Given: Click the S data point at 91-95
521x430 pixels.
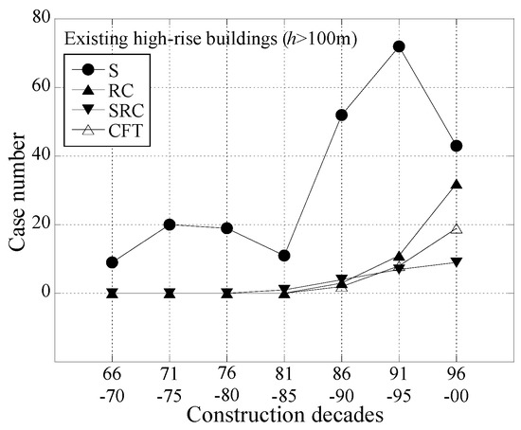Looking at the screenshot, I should pyautogui.click(x=399, y=46).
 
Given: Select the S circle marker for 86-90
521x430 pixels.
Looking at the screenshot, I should pyautogui.click(x=341, y=115).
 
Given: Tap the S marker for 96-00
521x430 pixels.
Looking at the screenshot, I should pyautogui.click(x=457, y=146).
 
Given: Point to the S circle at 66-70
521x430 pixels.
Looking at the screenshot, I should pyautogui.click(x=112, y=262).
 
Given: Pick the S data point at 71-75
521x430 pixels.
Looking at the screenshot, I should pyautogui.click(x=170, y=224).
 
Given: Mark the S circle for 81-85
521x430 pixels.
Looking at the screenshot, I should pyautogui.click(x=284, y=256).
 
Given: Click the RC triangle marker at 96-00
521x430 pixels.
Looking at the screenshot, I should pyautogui.click(x=457, y=184).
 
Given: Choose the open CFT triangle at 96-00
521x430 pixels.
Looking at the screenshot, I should pyautogui.click(x=457, y=228).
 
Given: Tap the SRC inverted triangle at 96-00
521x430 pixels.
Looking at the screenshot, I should pyautogui.click(x=457, y=262).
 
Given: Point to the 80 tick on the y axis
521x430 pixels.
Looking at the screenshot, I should pyautogui.click(x=42, y=19).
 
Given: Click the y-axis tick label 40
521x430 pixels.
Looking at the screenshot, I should pyautogui.click(x=42, y=156).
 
